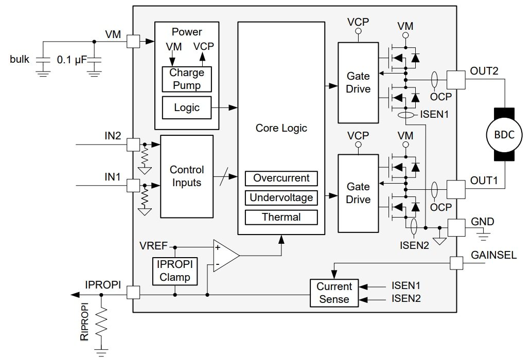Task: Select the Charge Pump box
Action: (187, 79)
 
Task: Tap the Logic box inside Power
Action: (187, 107)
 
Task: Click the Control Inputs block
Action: (187, 176)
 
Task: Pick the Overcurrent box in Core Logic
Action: (281, 178)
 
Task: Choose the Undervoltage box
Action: (281, 197)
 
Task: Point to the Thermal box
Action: (281, 217)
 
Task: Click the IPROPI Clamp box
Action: (175, 271)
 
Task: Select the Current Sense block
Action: (334, 293)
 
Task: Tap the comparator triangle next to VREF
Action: (225, 256)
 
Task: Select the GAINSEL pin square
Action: (456, 263)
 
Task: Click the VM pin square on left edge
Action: (133, 42)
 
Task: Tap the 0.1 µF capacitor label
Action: (72, 60)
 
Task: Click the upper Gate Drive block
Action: (358, 82)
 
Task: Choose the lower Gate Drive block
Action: (358, 193)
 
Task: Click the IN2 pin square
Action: (133, 145)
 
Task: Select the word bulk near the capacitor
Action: (20, 60)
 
